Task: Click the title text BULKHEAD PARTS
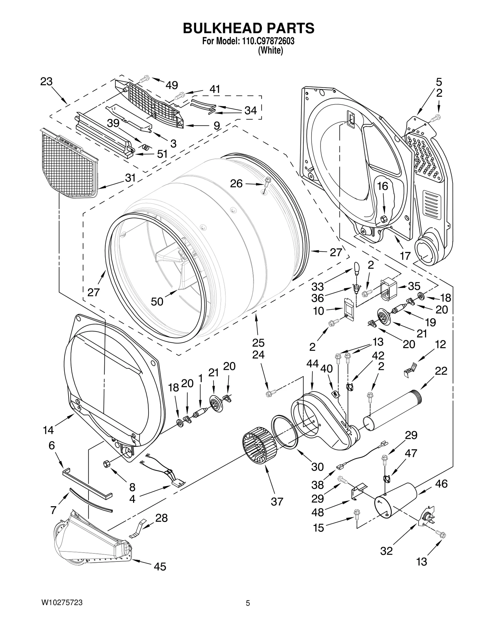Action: (x=249, y=28)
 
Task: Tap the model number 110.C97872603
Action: (x=266, y=41)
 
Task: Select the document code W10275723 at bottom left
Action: (x=62, y=603)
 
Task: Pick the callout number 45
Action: (x=160, y=566)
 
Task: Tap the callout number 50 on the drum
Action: (x=157, y=301)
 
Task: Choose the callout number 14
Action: (x=48, y=430)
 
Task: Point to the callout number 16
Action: (x=383, y=186)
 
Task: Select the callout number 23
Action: (x=47, y=82)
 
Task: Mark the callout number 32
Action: (x=386, y=551)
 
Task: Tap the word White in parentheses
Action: (x=270, y=51)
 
